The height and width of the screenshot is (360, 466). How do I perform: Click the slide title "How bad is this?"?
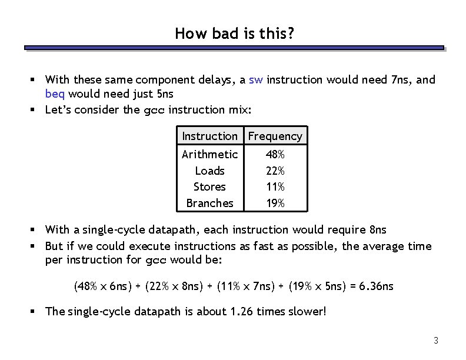(234, 34)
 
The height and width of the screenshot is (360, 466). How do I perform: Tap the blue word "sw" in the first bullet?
(255, 79)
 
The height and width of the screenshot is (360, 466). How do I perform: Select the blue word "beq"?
(56, 93)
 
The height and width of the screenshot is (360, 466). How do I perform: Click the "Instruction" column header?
(209, 136)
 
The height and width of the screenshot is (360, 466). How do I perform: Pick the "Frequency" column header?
(275, 136)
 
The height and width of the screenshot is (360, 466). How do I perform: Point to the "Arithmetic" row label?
(209, 155)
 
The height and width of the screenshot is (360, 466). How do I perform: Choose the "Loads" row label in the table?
(209, 171)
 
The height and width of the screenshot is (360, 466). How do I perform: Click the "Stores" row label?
(209, 187)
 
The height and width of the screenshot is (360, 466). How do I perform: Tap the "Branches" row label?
(209, 203)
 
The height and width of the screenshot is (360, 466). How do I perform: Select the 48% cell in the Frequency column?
(275, 155)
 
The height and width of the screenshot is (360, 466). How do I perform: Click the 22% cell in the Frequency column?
(275, 171)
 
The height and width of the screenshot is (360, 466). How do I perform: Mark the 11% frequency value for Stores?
(275, 187)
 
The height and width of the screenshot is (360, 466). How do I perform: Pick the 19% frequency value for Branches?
(275, 203)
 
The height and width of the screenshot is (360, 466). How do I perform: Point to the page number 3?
(435, 340)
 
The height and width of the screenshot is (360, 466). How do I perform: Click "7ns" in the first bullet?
(401, 79)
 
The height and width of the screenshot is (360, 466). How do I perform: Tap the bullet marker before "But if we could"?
(35, 246)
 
